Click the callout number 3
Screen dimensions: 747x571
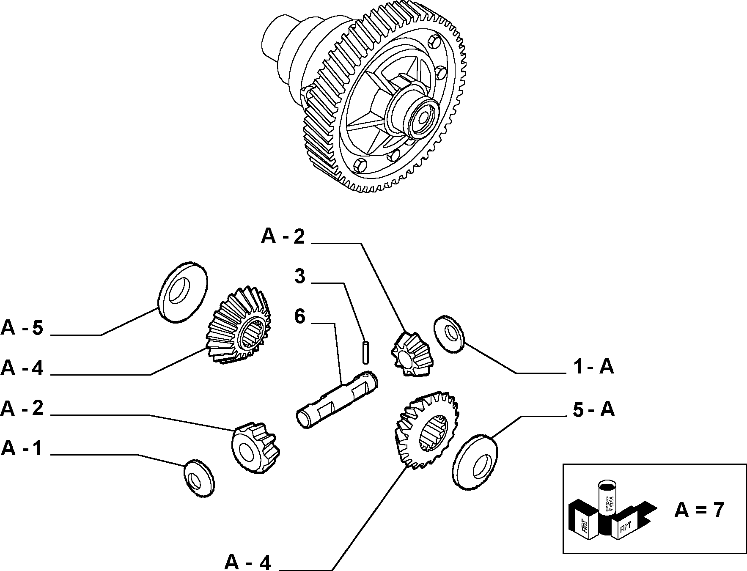point(299,277)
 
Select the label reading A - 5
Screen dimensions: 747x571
point(22,327)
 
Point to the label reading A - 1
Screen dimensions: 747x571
point(22,448)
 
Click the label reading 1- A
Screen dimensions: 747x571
point(594,366)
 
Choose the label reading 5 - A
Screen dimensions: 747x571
point(594,409)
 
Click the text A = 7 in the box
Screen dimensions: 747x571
point(699,510)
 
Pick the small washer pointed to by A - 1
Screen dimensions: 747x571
point(199,478)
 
